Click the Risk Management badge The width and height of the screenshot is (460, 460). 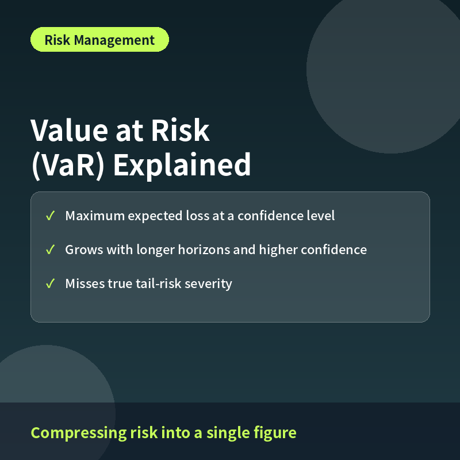[x=99, y=40]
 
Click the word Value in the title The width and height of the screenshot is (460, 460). [x=69, y=131]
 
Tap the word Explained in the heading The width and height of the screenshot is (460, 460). [x=182, y=165]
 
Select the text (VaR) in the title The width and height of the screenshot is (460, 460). [x=68, y=166]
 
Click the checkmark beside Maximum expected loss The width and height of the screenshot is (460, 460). [x=50, y=216]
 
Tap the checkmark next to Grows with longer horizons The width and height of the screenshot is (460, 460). [x=50, y=250]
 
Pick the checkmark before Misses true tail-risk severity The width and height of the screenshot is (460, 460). [x=50, y=283]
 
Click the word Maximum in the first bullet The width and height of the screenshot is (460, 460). [x=95, y=216]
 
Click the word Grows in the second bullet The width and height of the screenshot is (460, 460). [x=84, y=250]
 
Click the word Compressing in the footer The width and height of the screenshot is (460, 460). [x=79, y=433]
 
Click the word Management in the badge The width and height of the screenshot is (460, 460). [x=114, y=40]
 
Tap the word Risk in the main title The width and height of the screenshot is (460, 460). [x=180, y=131]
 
